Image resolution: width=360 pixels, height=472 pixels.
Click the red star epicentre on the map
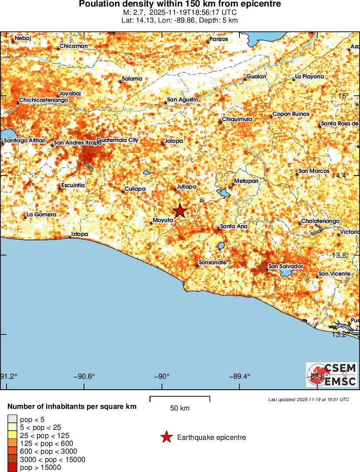coord(180,211)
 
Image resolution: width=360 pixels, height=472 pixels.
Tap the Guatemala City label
coord(118,140)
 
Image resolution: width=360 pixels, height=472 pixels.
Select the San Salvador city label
coord(286,266)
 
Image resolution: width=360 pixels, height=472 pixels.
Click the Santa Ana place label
coord(234,226)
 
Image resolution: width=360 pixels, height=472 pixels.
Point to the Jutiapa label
coord(186,187)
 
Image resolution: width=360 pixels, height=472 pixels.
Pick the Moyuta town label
coord(163,220)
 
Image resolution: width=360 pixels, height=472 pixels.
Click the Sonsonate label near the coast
coord(212,263)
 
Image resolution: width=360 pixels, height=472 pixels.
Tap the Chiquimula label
coord(237,119)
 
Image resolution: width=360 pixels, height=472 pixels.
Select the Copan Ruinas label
coord(290,114)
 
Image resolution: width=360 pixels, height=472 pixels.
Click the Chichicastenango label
coord(44,101)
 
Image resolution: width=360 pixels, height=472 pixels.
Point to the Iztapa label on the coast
coord(80,234)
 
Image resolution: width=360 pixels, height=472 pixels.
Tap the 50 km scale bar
coord(180,397)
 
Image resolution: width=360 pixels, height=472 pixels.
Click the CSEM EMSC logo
coord(331,375)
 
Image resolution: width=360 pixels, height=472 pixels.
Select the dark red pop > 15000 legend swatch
coord(12,468)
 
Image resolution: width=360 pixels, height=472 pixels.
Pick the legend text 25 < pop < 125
coord(44,435)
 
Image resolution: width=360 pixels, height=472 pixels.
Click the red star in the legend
coord(166,437)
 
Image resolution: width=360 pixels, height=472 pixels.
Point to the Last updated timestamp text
coord(309,399)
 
